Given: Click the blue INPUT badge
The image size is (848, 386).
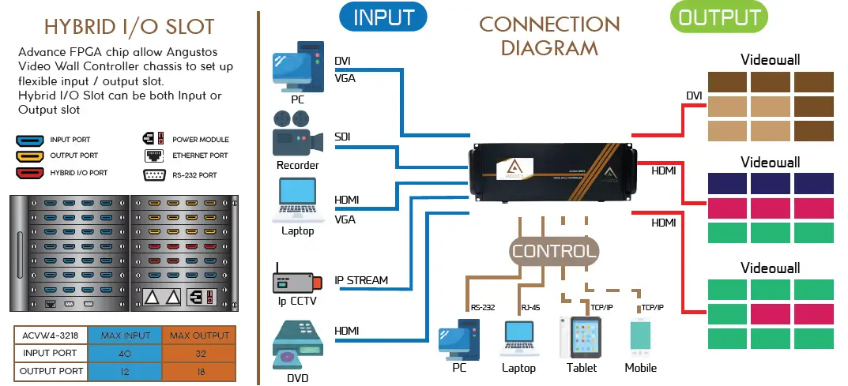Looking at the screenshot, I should click(x=383, y=17).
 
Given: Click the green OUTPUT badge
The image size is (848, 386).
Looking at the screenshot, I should click(x=718, y=17).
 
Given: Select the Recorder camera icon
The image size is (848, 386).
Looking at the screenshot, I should click(x=296, y=135).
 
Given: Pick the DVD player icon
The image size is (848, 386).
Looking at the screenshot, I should click(x=296, y=346).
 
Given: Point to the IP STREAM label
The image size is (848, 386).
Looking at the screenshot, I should click(x=361, y=280).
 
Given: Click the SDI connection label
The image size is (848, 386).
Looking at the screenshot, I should click(x=342, y=137).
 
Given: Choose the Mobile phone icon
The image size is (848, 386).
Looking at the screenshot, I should click(x=641, y=337).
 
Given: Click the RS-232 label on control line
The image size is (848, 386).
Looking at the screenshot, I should click(x=483, y=308).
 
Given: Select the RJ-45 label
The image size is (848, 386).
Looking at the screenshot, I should click(x=530, y=308).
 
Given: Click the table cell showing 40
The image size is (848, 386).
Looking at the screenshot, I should click(x=125, y=353).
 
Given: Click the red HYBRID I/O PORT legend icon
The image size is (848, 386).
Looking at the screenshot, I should click(x=30, y=173).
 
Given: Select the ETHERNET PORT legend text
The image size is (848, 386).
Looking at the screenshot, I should click(x=201, y=156).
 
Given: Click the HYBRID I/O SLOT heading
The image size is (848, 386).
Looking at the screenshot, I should click(x=129, y=26).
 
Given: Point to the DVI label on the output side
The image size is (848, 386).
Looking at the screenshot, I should click(x=694, y=96).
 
